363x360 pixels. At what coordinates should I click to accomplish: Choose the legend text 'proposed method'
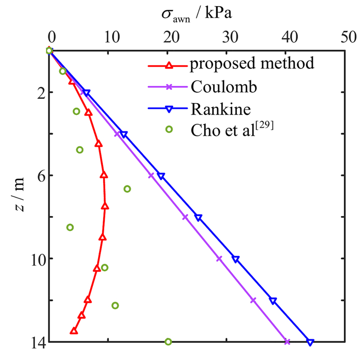(x=252, y=64)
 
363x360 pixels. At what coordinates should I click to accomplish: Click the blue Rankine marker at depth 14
(x=310, y=342)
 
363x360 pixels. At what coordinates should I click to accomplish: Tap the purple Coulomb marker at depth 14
(x=287, y=342)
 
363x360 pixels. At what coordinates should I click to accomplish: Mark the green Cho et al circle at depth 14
(x=168, y=342)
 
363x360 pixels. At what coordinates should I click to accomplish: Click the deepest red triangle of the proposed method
(x=74, y=330)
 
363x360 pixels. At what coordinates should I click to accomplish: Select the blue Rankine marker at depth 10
(x=236, y=259)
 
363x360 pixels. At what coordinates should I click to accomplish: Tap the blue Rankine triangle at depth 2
(x=86, y=93)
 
